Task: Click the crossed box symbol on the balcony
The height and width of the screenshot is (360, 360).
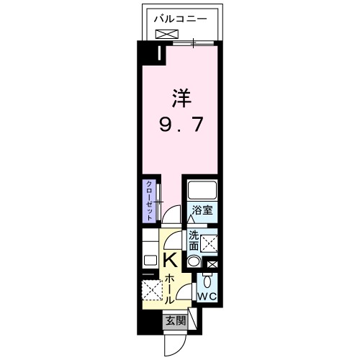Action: coord(166,34)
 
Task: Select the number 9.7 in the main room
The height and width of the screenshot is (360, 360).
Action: coord(181,126)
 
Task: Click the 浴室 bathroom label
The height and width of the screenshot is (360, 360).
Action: coord(201,211)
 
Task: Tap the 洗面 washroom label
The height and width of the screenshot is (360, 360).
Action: coord(194,240)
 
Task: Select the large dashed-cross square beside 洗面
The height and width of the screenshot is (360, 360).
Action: coord(210,244)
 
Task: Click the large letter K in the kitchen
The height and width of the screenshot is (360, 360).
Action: coord(171,260)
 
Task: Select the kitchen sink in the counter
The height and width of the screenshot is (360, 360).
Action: coord(150,261)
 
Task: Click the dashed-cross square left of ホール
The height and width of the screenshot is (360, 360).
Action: coord(153,291)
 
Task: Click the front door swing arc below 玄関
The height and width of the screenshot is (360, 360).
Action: coord(174,345)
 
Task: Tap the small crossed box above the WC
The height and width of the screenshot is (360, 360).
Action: coord(211,264)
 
